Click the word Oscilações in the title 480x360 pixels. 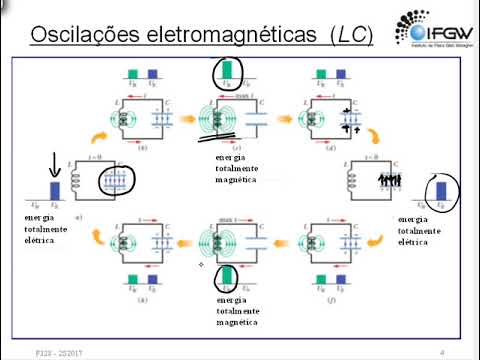pyautogui.click(x=77, y=35)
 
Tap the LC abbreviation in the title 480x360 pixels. pyautogui.click(x=351, y=35)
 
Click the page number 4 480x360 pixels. pyautogui.click(x=443, y=352)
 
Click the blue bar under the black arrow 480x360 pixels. pyautogui.click(x=56, y=189)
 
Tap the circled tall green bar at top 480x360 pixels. pyautogui.click(x=227, y=69)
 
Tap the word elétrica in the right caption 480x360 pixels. pyautogui.click(x=417, y=241)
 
